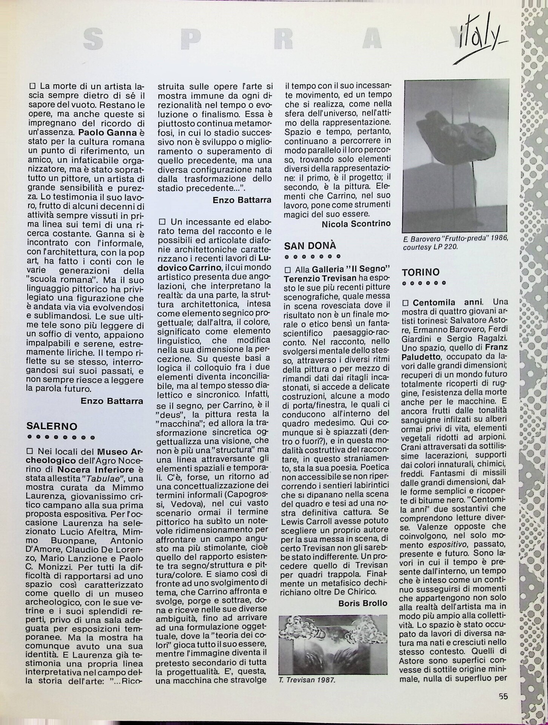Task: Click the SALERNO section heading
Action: [52, 426]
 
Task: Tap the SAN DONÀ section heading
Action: [310, 246]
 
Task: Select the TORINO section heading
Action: [420, 272]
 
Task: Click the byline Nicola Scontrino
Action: [356, 224]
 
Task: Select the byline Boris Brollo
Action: [363, 603]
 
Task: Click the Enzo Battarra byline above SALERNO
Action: [112, 401]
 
